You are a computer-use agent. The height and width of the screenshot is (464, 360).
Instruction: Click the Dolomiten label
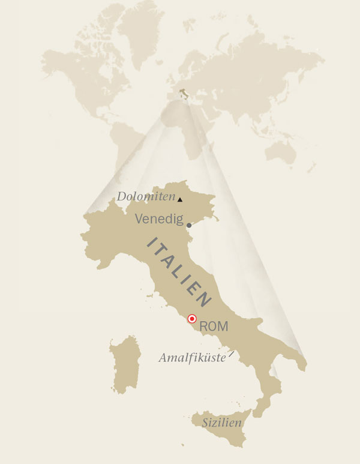(145, 196)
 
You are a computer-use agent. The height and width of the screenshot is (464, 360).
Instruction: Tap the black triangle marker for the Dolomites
(179, 199)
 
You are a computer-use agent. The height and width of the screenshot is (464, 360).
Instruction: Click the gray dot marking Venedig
(189, 226)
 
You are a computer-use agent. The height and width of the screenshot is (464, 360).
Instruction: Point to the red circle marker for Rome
(192, 319)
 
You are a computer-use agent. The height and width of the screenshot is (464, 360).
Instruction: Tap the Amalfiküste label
(191, 358)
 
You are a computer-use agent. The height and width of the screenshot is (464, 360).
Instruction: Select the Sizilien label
(222, 423)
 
